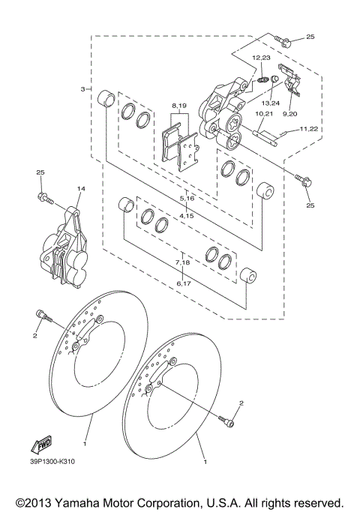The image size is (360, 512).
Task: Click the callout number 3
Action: (x=82, y=89)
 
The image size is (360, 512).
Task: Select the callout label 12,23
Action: (x=260, y=58)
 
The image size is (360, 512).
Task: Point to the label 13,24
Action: (x=270, y=102)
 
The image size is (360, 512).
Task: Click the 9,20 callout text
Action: (x=289, y=114)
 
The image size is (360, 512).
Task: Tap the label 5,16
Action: (x=187, y=198)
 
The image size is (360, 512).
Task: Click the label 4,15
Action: (x=187, y=216)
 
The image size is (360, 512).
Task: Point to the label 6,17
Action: (x=182, y=283)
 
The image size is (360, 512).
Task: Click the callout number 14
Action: (x=80, y=189)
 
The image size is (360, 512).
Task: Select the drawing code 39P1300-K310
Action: (x=52, y=461)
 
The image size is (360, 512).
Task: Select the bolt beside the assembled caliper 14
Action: (x=43, y=199)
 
